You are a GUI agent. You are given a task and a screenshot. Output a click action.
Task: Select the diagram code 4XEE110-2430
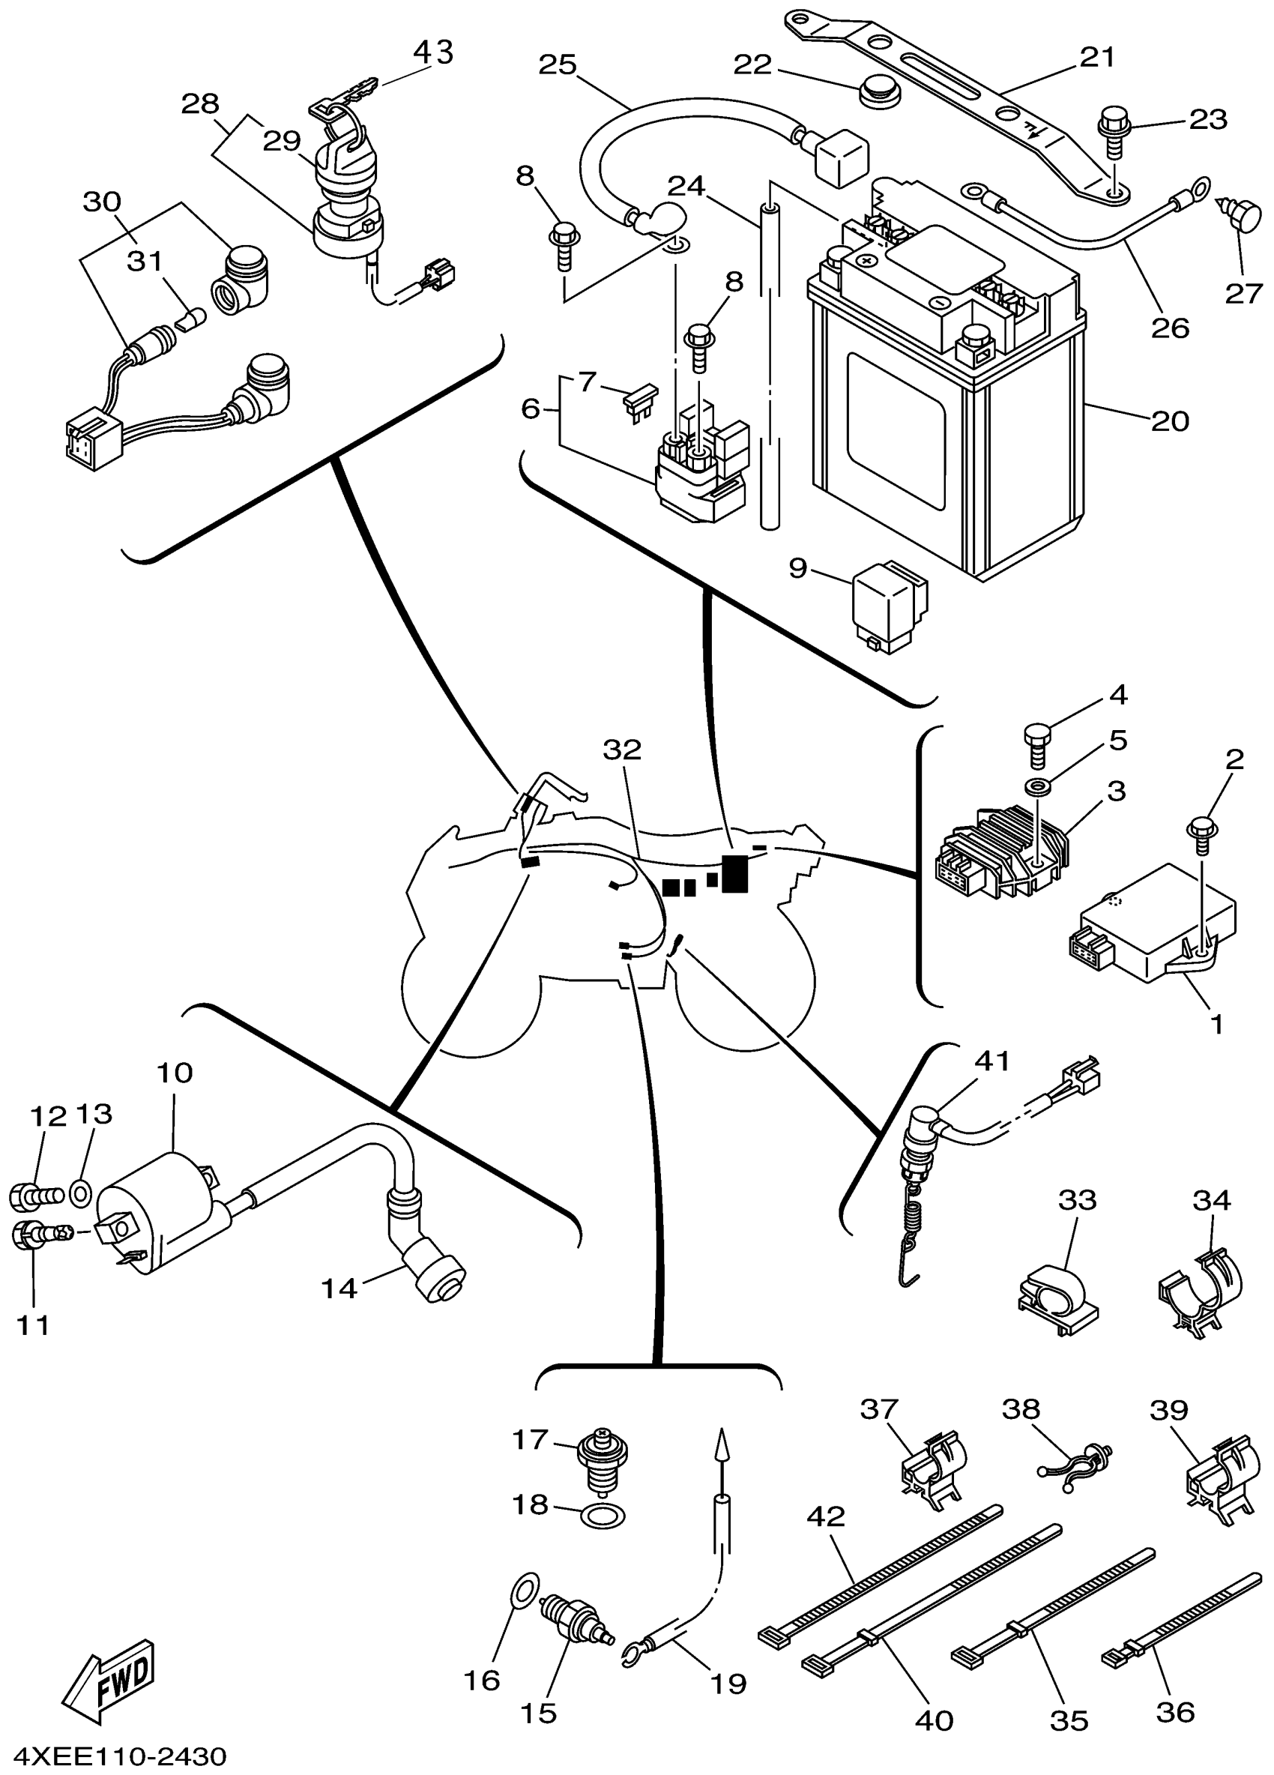click(x=115, y=1756)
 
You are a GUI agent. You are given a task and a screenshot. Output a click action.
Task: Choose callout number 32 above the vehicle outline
click(x=622, y=750)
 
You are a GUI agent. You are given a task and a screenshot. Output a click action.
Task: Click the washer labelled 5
click(x=1037, y=785)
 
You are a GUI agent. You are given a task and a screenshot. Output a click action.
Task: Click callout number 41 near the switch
click(x=992, y=1061)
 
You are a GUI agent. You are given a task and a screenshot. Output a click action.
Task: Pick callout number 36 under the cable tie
click(x=1174, y=1711)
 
